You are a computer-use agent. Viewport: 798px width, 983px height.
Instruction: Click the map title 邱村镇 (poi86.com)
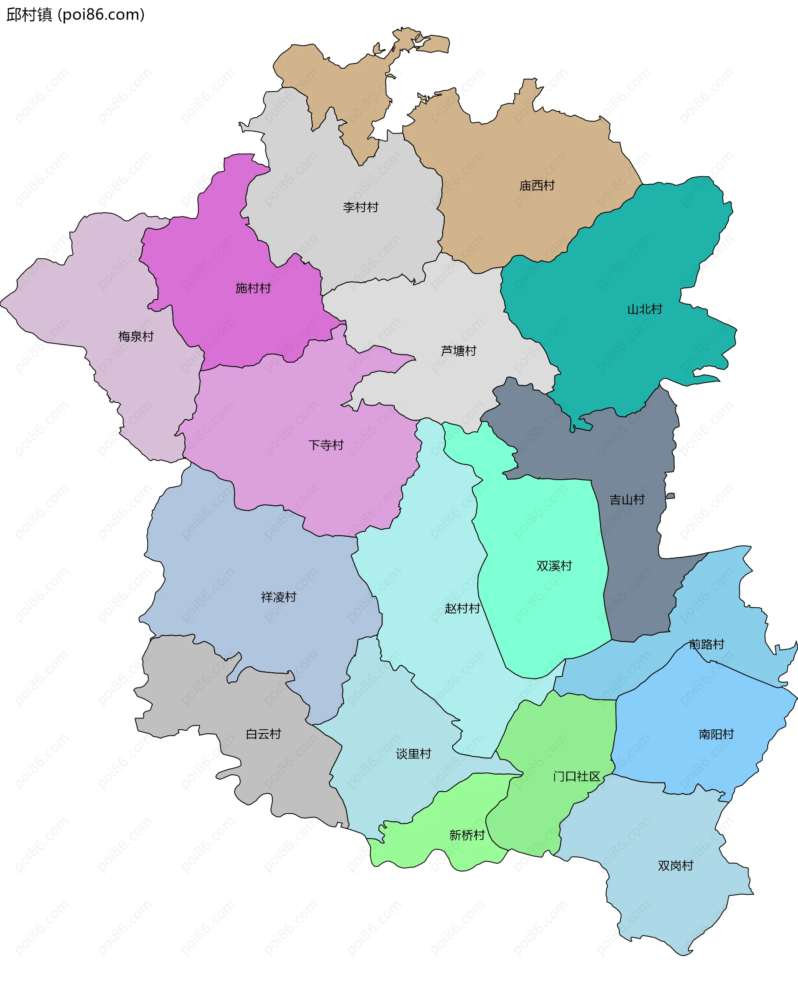coord(75,15)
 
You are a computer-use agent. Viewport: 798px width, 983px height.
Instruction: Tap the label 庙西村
coord(537,186)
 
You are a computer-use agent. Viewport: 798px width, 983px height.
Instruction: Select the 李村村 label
coord(360,208)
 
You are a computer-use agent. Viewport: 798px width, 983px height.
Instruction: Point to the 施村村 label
coord(253,288)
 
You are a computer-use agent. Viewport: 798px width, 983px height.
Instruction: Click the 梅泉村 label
coord(135,337)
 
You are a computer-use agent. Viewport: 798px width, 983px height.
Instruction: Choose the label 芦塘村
coord(458,351)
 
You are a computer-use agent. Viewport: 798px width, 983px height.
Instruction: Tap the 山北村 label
coord(645,310)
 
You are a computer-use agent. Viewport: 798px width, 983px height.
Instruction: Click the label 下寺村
coord(325,445)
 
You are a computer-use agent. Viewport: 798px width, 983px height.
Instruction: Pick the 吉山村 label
coord(627,500)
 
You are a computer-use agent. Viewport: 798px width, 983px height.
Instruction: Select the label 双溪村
coord(554,566)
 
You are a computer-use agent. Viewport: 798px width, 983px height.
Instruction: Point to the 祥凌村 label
coord(278,597)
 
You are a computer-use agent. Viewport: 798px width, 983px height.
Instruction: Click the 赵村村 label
coord(462,609)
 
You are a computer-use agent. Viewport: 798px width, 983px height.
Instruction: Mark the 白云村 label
coord(263,734)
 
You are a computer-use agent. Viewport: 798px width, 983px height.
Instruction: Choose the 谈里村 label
coord(413,754)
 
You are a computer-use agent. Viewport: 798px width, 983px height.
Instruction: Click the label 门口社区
coord(576,777)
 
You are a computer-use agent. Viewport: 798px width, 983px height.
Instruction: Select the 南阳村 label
coord(716,735)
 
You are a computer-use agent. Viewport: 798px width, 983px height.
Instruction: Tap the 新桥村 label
coord(467,835)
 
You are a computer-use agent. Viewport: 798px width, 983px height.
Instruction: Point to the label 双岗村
coord(675,866)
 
